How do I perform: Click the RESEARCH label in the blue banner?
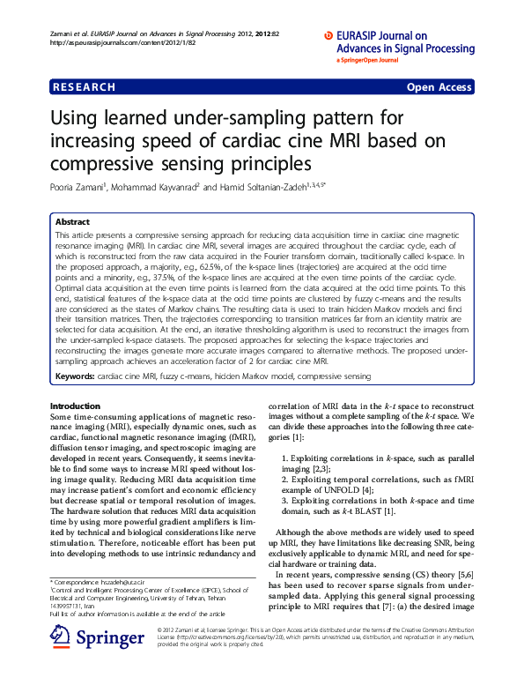[84, 87]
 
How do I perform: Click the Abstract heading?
[72, 221]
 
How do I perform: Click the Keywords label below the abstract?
[74, 376]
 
